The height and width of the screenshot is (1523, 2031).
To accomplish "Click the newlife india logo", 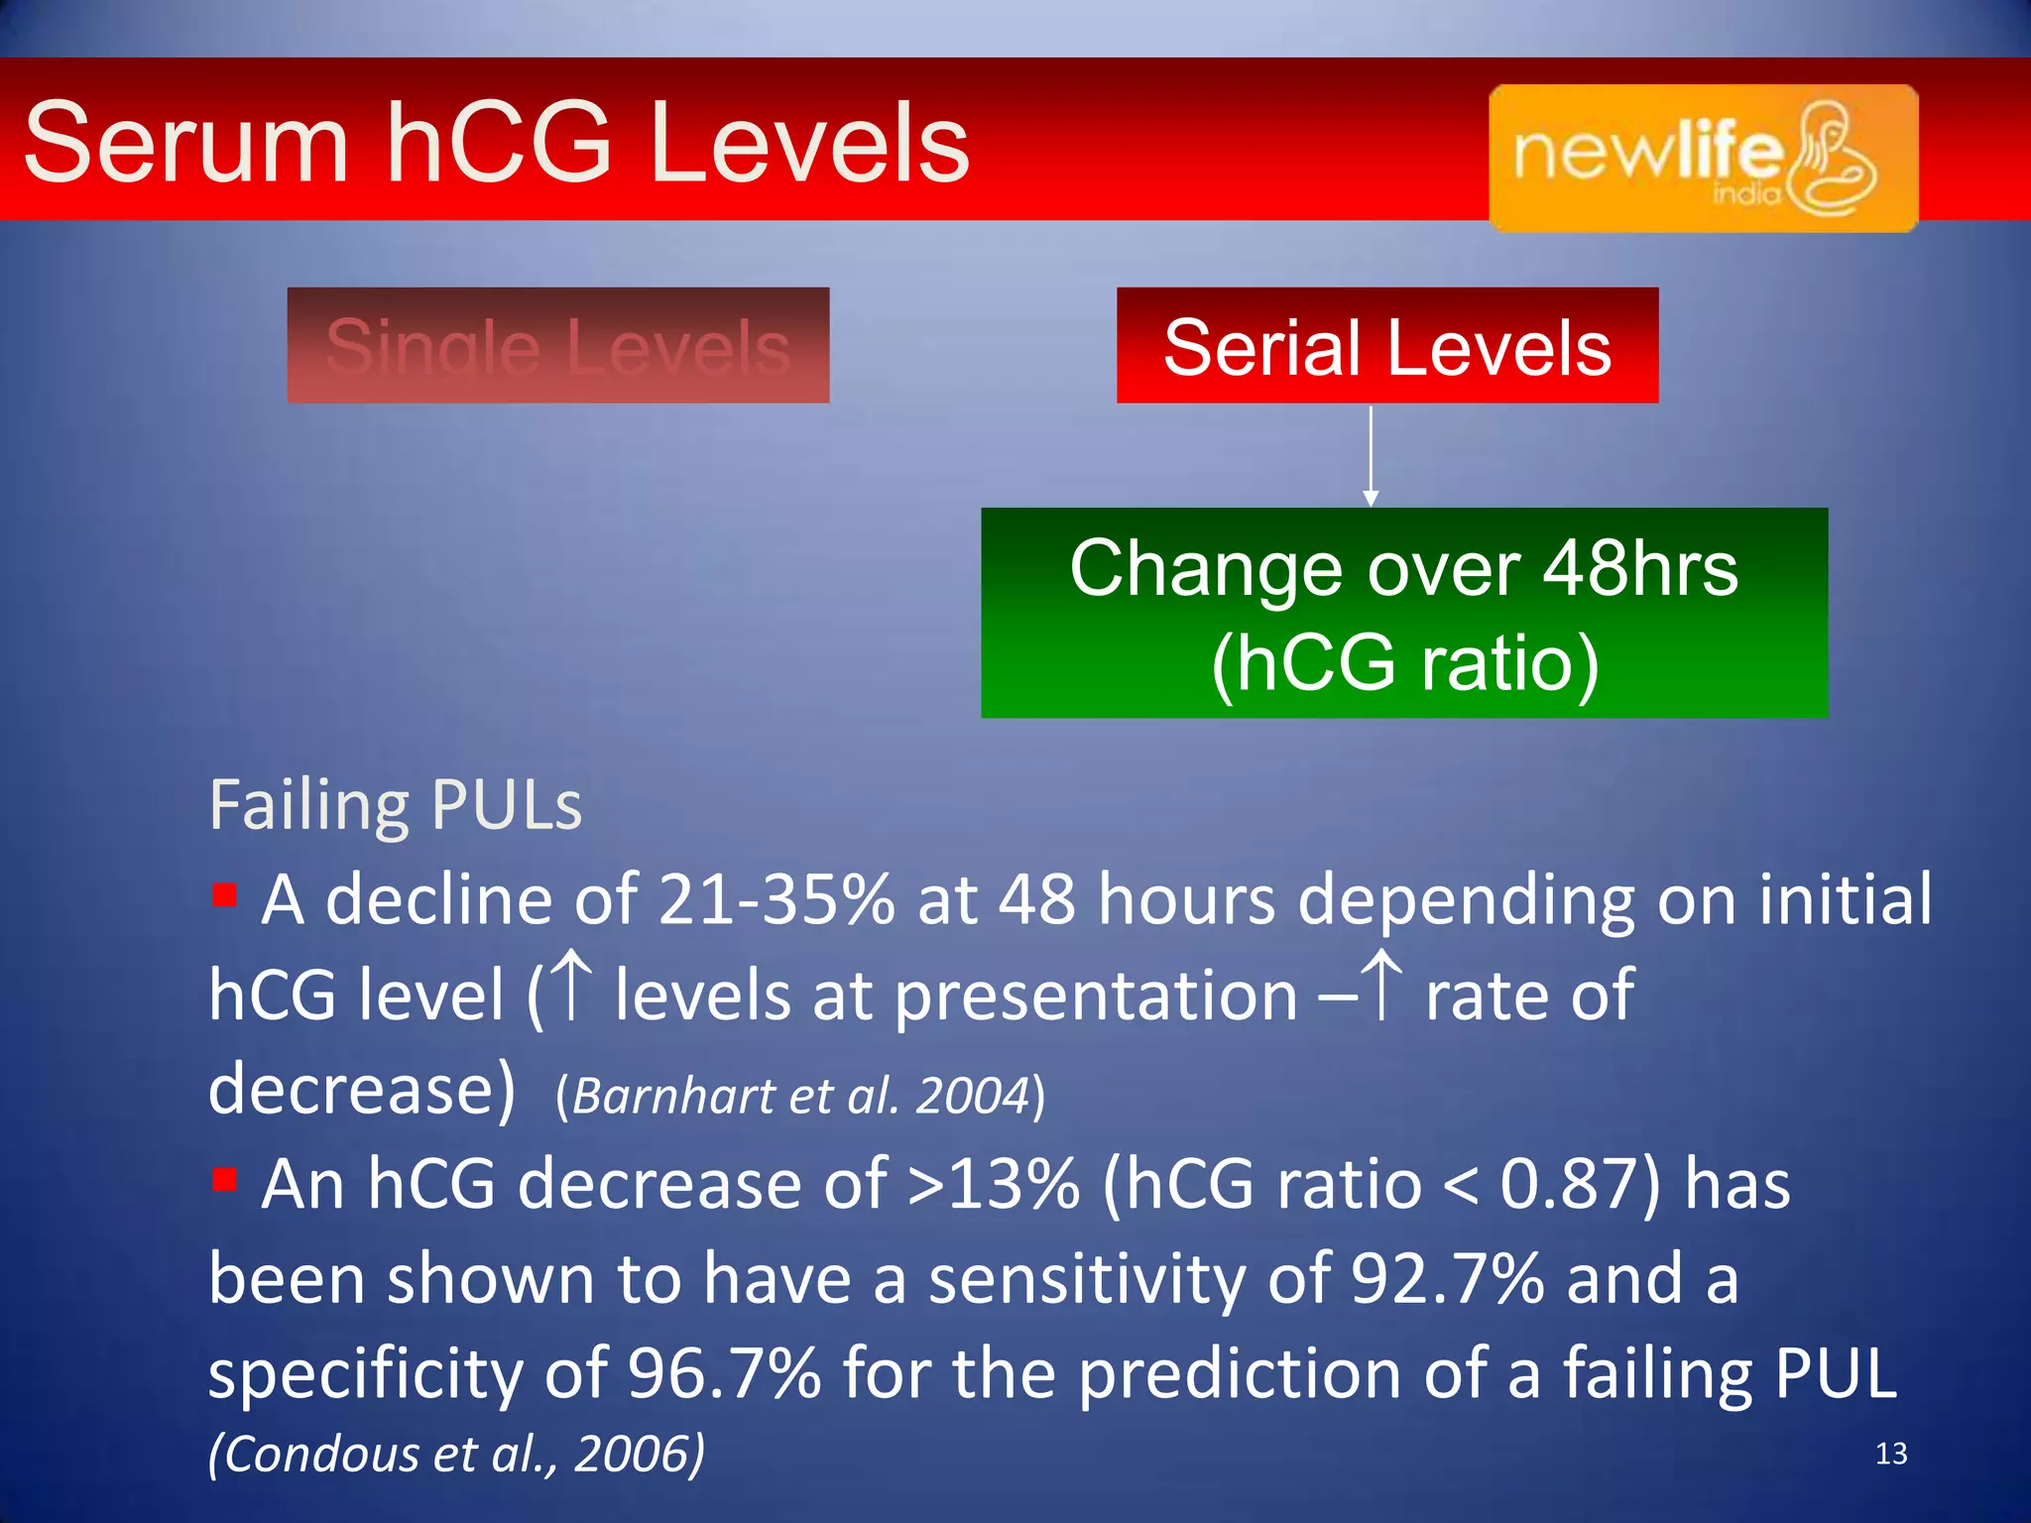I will tap(1703, 158).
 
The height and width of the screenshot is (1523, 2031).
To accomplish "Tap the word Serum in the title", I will tap(186, 144).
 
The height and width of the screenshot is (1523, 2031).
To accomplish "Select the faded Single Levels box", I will tap(557, 346).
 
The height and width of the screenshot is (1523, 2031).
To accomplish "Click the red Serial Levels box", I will tap(1386, 346).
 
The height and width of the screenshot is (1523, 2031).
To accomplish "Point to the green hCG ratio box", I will tap(1403, 613).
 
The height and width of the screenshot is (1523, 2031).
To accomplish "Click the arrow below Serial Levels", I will tap(1371, 456).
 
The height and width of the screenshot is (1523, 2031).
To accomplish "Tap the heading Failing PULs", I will tap(395, 805).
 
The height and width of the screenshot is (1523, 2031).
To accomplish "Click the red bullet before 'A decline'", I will tap(225, 895).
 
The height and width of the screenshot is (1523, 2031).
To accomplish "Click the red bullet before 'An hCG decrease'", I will tap(225, 1180).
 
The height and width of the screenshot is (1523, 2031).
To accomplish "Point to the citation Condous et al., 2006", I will tap(456, 1455).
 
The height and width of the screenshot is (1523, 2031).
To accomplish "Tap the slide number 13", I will tap(1891, 1454).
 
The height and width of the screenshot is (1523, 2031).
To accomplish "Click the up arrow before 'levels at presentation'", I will tap(572, 986).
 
